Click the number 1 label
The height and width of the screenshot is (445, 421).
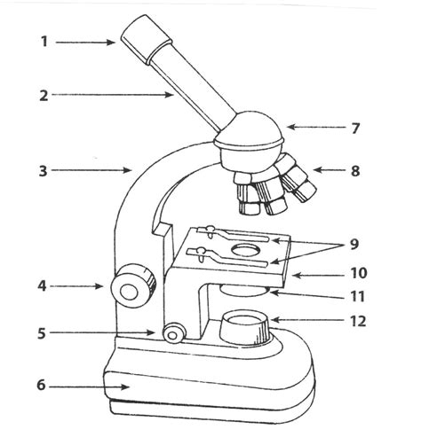44,41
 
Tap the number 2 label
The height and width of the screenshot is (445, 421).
44,96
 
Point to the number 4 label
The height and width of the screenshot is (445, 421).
43,286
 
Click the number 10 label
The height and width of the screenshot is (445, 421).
357,274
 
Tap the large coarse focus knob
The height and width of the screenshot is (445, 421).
131,285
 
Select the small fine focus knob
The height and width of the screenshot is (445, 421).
173,332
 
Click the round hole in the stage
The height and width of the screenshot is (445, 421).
242,254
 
